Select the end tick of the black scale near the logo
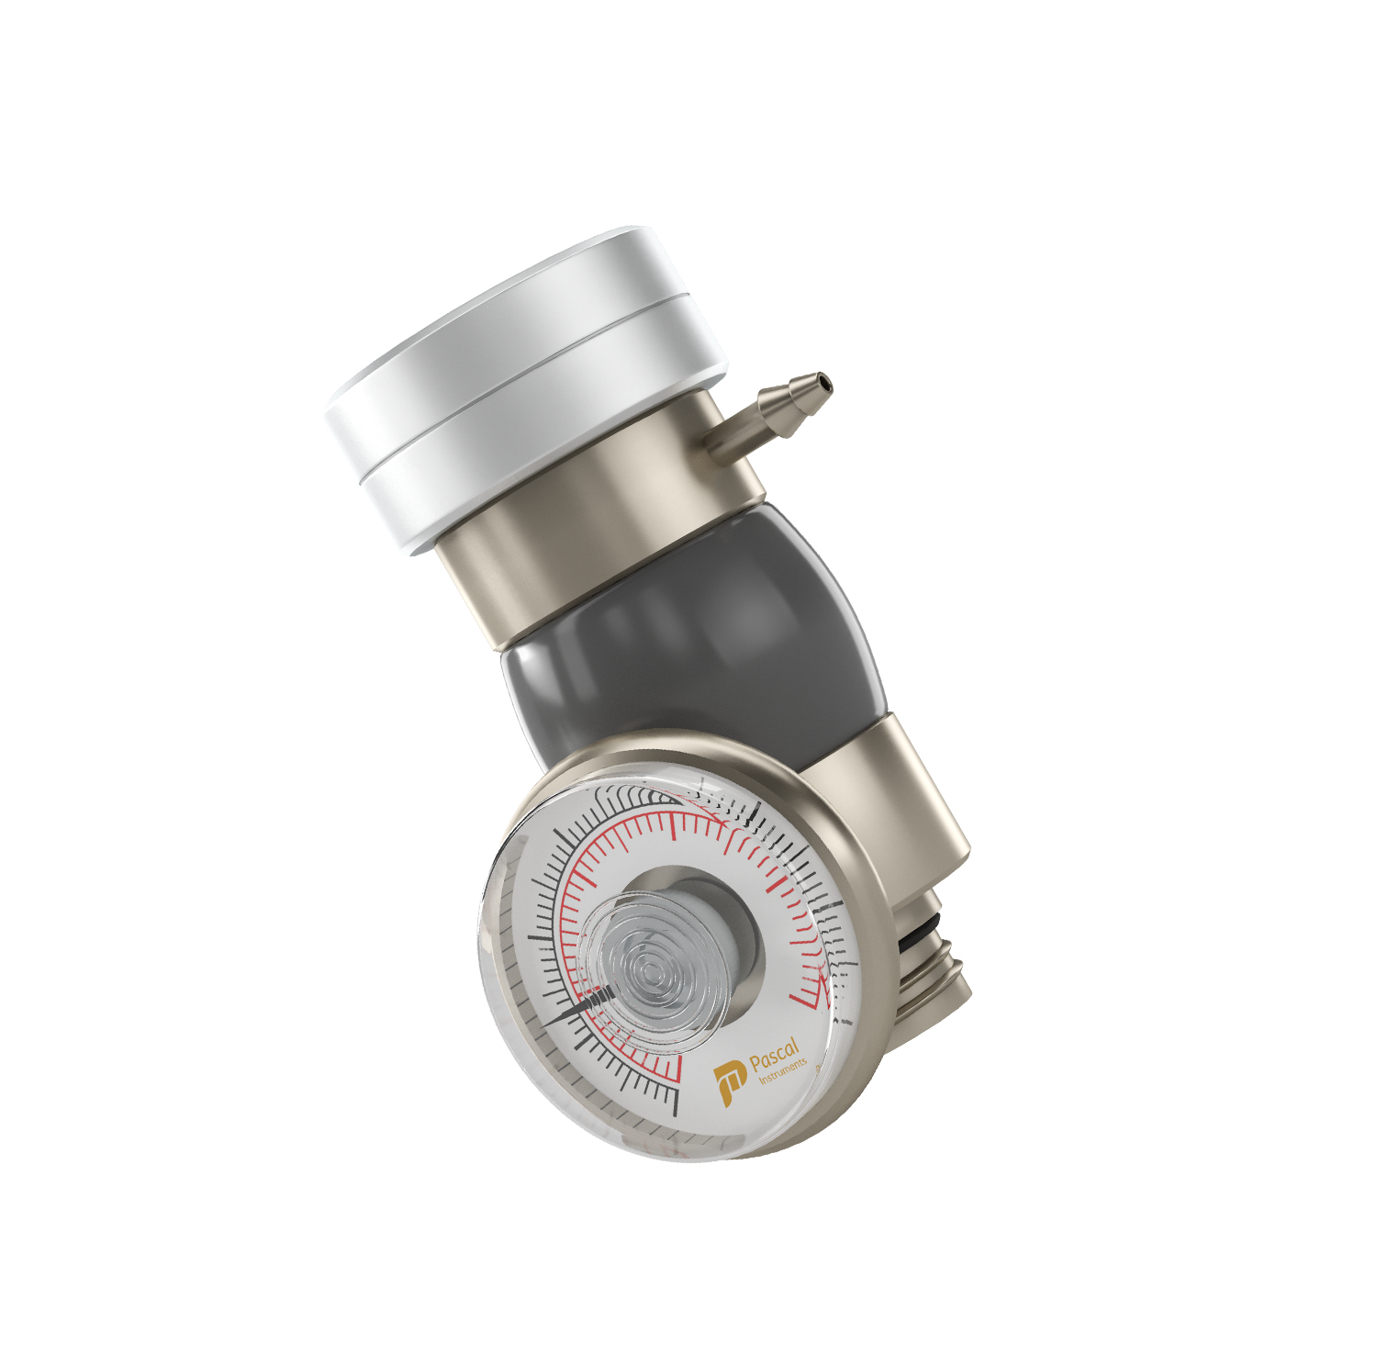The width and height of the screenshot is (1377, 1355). (677, 1102)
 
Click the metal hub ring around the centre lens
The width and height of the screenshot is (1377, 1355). (734, 918)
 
